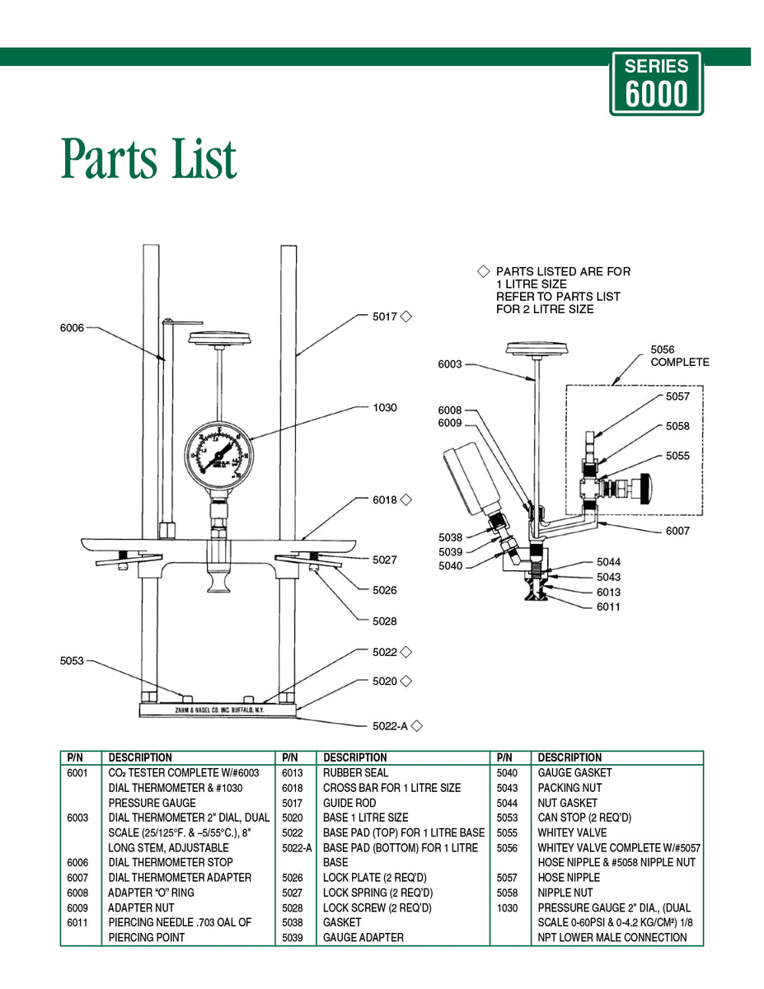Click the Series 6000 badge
tap(656, 83)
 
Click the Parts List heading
tap(149, 158)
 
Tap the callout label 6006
tap(72, 328)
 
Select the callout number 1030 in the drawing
tap(384, 408)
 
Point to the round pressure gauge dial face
tap(217, 458)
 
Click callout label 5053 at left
tap(72, 661)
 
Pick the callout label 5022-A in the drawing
tap(389, 726)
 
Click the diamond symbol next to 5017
tap(405, 316)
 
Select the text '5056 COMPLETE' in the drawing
tap(679, 356)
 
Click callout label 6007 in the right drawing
tap(677, 531)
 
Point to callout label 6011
tap(608, 607)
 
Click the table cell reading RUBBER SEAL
tap(355, 773)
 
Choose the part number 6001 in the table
tap(77, 773)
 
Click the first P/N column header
tap(76, 757)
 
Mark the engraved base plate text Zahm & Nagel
tap(218, 709)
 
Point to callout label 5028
tap(384, 621)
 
